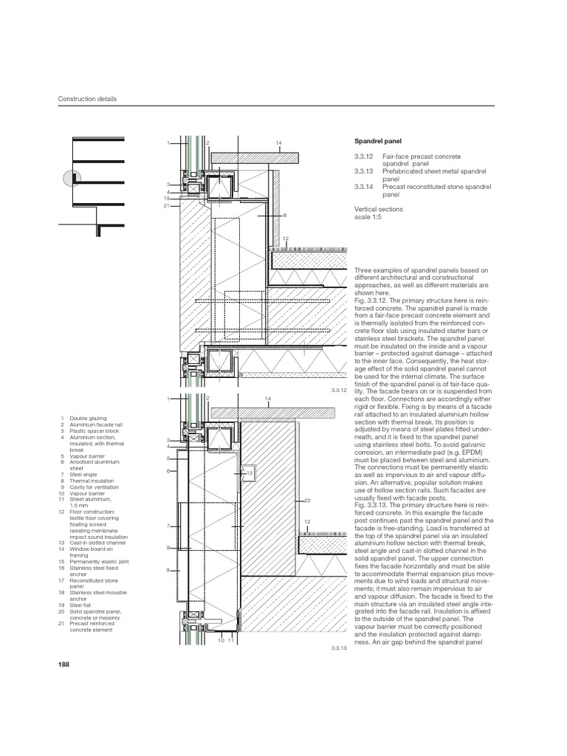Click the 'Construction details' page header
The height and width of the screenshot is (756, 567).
click(87, 99)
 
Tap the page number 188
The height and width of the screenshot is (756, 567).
click(63, 666)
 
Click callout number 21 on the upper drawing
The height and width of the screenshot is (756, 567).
click(168, 205)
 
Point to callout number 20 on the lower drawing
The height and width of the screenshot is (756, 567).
click(306, 500)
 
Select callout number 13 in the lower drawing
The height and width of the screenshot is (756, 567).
click(250, 472)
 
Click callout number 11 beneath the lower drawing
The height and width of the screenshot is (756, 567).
click(230, 640)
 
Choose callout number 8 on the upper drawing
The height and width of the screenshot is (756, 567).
click(283, 215)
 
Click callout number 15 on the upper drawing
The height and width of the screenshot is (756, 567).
click(168, 198)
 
